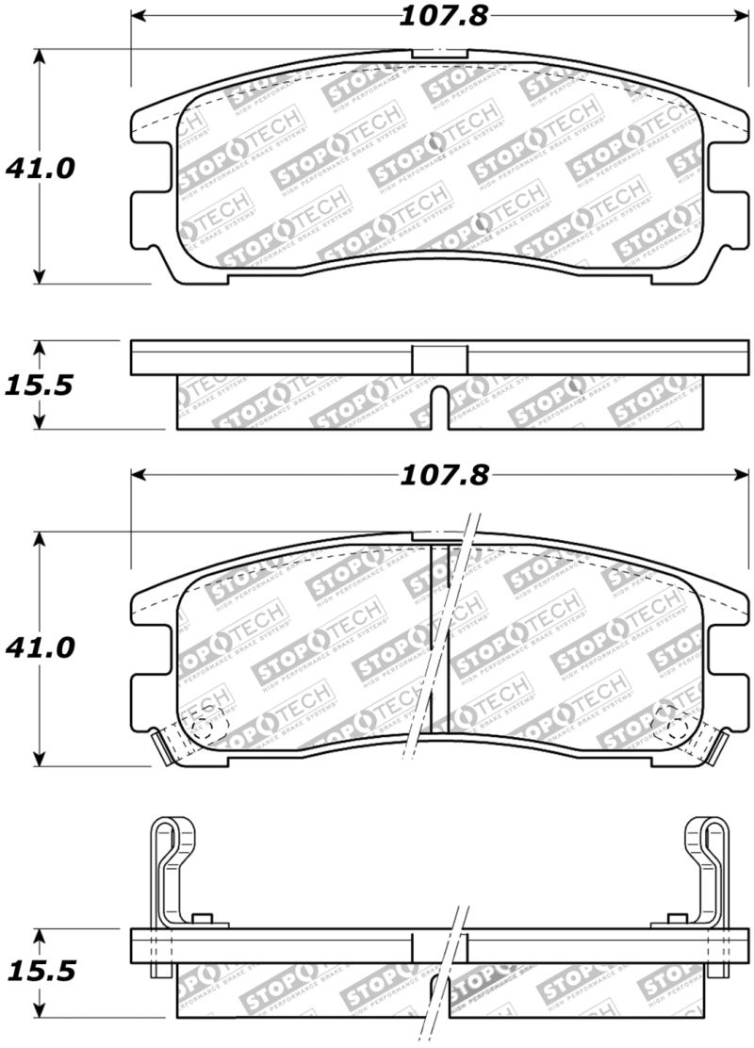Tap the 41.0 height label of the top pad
pyautogui.click(x=40, y=169)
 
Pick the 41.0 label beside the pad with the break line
pyautogui.click(x=40, y=648)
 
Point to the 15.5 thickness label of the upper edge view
pyautogui.click(x=40, y=385)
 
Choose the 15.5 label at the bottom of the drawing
pyautogui.click(x=40, y=972)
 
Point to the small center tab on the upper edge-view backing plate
pyautogui.click(x=440, y=359)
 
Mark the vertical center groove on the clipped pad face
pyautogui.click(x=440, y=641)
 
